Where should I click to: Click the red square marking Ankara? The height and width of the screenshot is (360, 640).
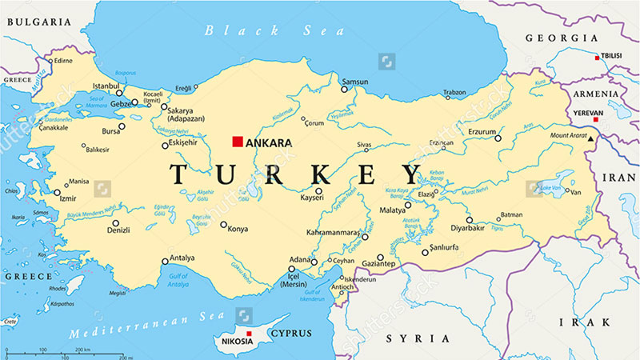[237, 142]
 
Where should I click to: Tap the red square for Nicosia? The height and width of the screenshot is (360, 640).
[249, 333]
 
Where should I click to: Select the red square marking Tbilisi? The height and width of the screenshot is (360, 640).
[597, 57]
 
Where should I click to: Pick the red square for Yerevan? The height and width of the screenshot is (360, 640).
[595, 119]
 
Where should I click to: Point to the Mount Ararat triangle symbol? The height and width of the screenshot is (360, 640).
[592, 140]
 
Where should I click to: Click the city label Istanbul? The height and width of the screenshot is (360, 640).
[106, 85]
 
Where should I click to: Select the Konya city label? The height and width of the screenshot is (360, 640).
[238, 229]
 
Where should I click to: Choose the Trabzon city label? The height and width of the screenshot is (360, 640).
[454, 93]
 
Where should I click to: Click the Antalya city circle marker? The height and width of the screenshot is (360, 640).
[166, 260]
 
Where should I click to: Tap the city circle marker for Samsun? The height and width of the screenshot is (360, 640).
[345, 89]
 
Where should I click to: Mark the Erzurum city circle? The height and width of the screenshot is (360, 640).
[498, 138]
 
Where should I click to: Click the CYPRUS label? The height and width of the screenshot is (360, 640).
[291, 332]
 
